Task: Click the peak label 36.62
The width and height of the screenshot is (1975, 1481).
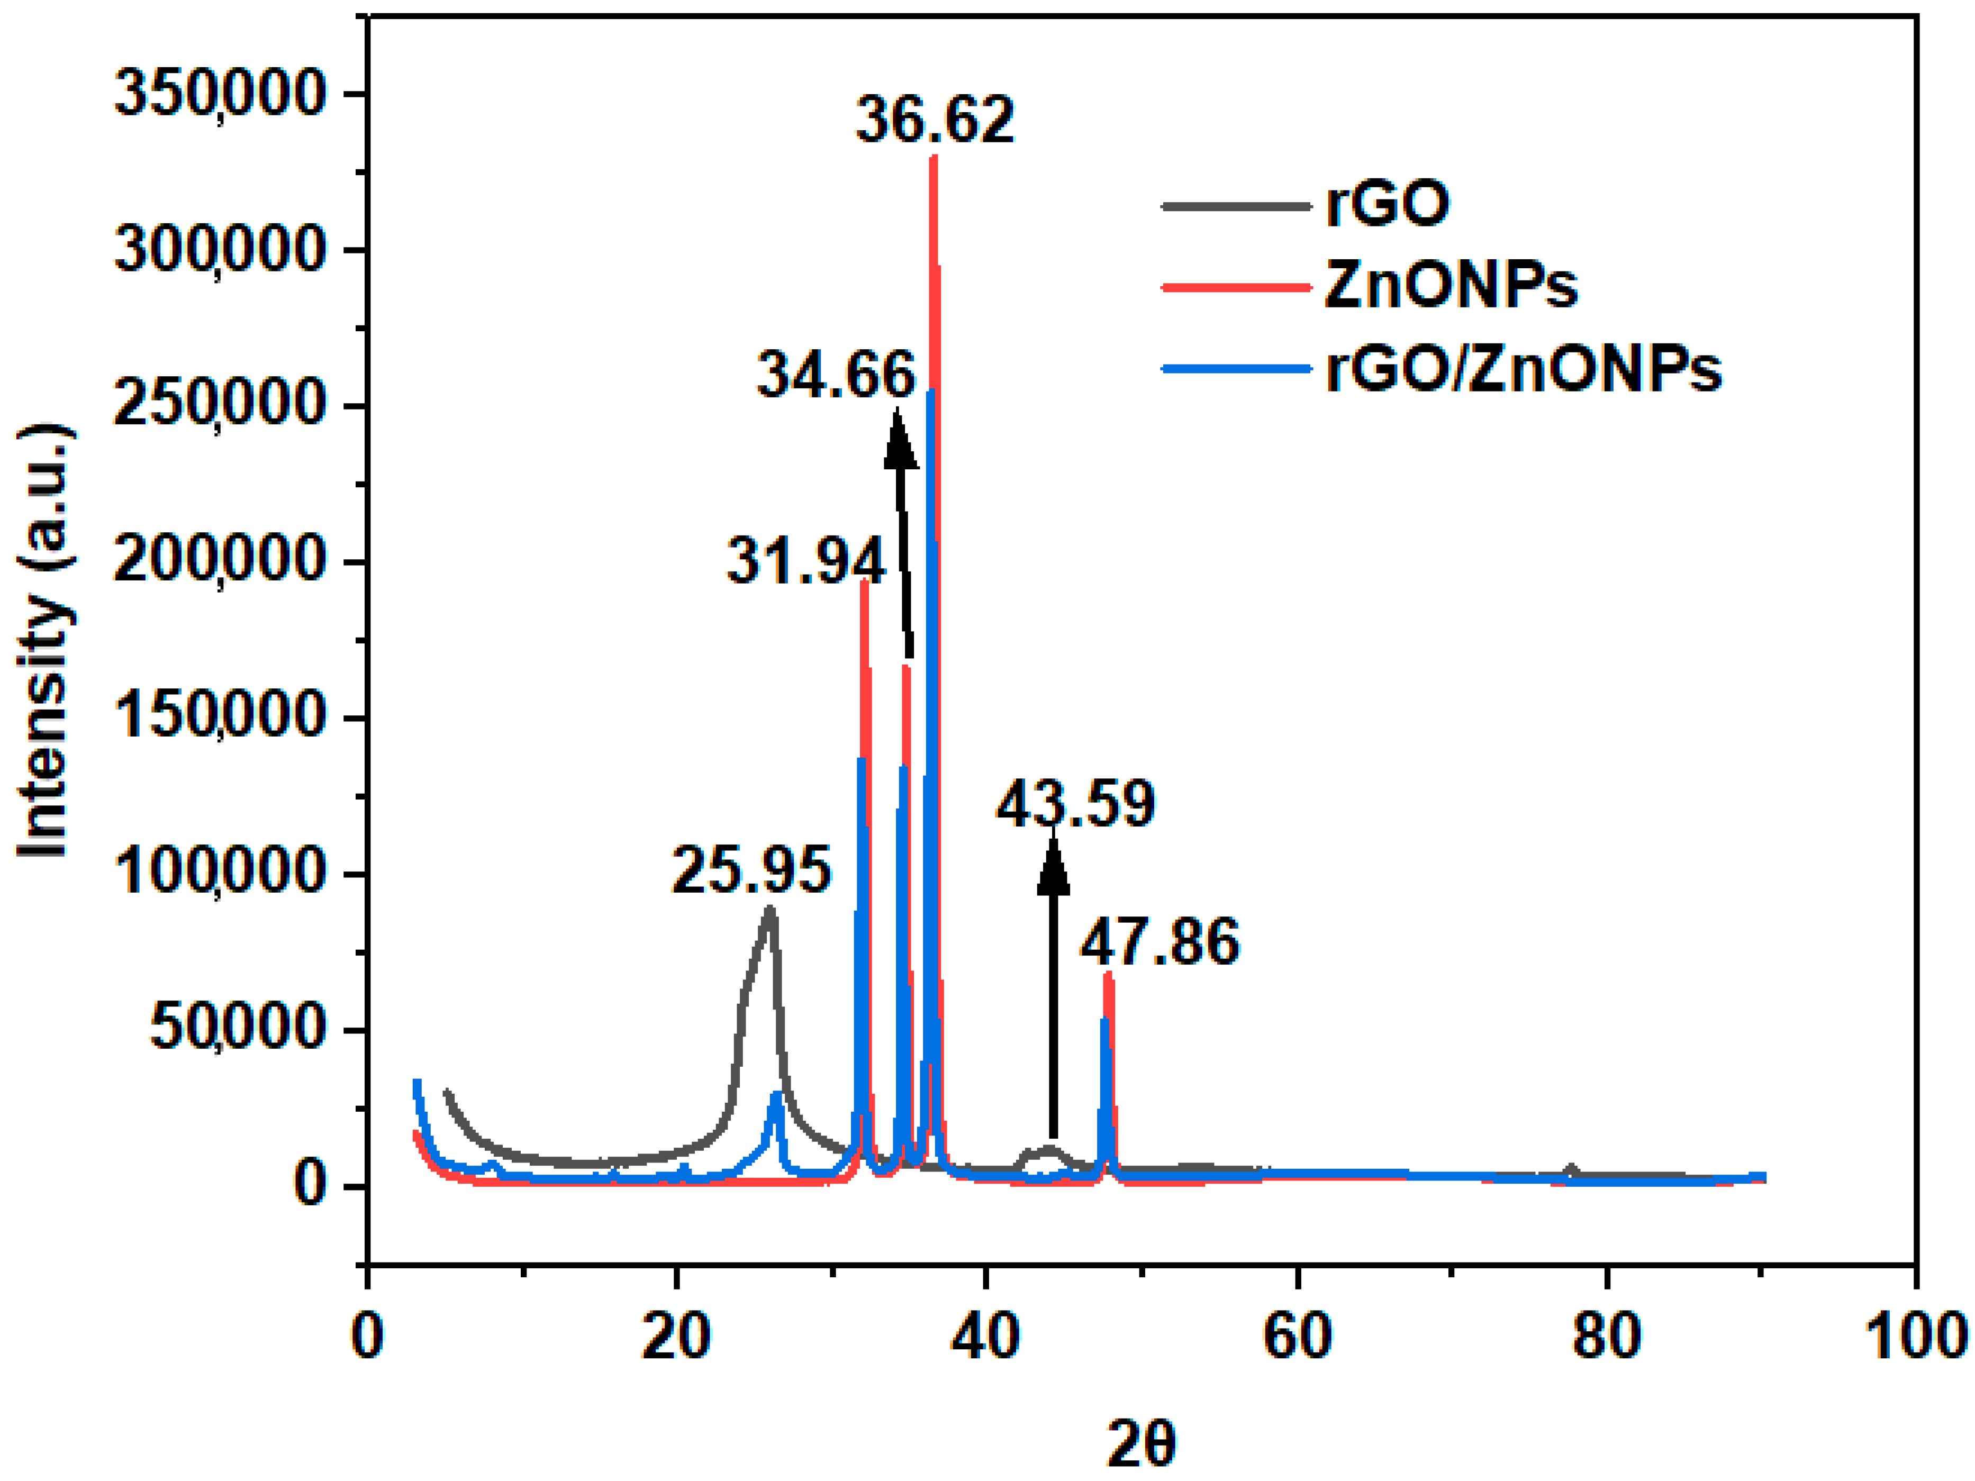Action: (x=935, y=120)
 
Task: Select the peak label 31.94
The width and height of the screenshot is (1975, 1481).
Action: (x=805, y=561)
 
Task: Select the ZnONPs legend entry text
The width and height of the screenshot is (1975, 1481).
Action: (x=1450, y=286)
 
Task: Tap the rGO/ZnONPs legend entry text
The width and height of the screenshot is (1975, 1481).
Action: (x=1523, y=368)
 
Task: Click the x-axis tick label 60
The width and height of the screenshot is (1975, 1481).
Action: (x=1297, y=1337)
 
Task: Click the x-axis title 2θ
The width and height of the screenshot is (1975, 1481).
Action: (x=1140, y=1443)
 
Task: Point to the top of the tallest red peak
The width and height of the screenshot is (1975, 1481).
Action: (x=934, y=159)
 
